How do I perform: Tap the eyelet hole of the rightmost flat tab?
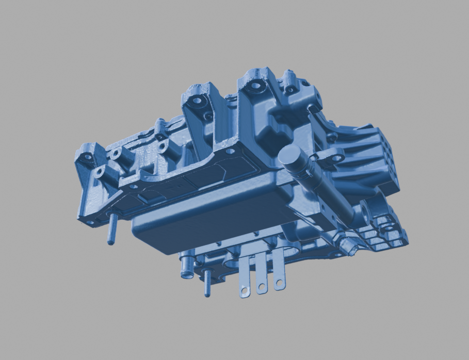279,283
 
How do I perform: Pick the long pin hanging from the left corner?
110,230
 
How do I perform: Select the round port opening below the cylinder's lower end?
367,212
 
